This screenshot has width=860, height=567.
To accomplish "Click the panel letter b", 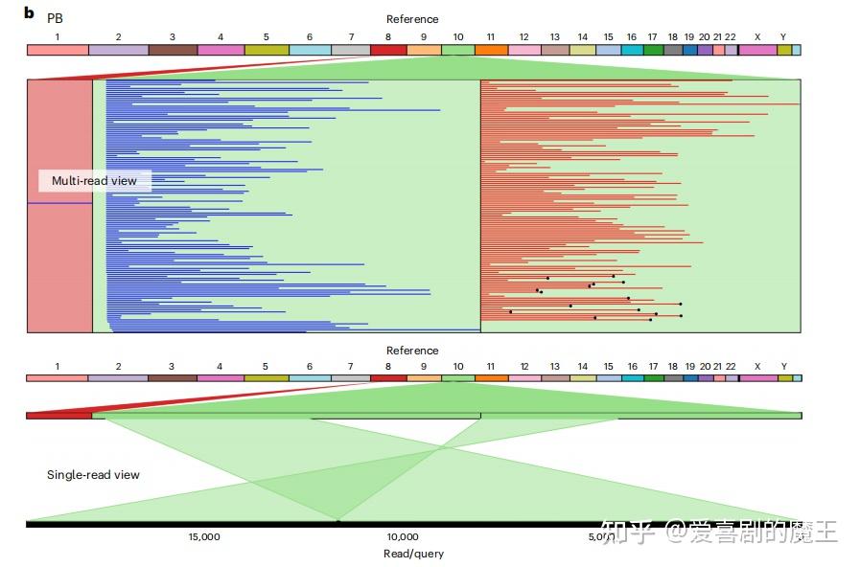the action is pyautogui.click(x=29, y=12).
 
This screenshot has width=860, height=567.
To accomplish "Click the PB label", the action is pyautogui.click(x=55, y=18).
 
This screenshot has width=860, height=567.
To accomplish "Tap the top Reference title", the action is pyautogui.click(x=412, y=19).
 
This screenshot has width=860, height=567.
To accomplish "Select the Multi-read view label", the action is pyautogui.click(x=94, y=181).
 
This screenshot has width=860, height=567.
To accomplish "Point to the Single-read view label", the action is pyautogui.click(x=93, y=474).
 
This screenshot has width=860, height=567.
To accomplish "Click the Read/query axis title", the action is pyautogui.click(x=413, y=554).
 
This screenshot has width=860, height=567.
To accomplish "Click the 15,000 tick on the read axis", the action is pyautogui.click(x=204, y=537).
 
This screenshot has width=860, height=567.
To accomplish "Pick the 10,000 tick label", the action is pyautogui.click(x=403, y=537).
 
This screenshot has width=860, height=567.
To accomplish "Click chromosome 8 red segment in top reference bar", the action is pyautogui.click(x=389, y=50).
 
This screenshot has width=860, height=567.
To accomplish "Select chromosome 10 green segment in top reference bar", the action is pyautogui.click(x=458, y=50).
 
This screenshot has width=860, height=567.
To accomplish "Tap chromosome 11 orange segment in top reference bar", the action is pyautogui.click(x=492, y=50).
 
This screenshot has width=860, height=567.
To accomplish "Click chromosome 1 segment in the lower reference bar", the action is pyautogui.click(x=57, y=378).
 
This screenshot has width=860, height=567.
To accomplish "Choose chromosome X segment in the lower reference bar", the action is pyautogui.click(x=758, y=378).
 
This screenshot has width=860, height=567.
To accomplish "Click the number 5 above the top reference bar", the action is pyautogui.click(x=266, y=37).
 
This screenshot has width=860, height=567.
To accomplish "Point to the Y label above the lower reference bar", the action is pyautogui.click(x=783, y=366).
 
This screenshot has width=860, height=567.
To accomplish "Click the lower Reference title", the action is pyautogui.click(x=412, y=350).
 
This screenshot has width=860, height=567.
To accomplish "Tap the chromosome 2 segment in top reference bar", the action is pyautogui.click(x=119, y=50).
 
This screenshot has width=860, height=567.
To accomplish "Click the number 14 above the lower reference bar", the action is pyautogui.click(x=583, y=366).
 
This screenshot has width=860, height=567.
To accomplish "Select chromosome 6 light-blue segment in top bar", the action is pyautogui.click(x=310, y=50).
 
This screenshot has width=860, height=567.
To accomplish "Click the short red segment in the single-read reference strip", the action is pyautogui.click(x=59, y=416).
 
